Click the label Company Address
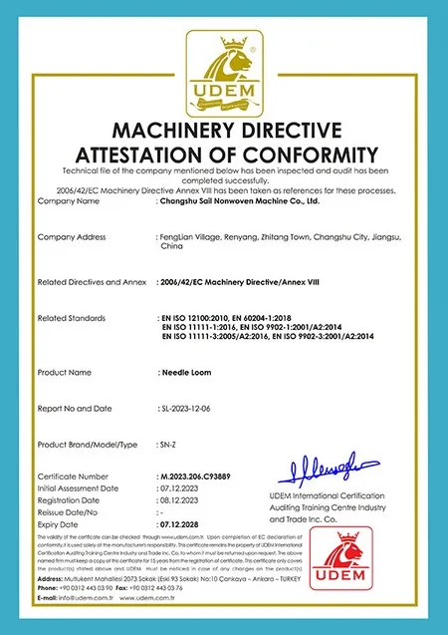point(71,236)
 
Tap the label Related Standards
point(73,317)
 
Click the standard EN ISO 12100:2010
point(202,317)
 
